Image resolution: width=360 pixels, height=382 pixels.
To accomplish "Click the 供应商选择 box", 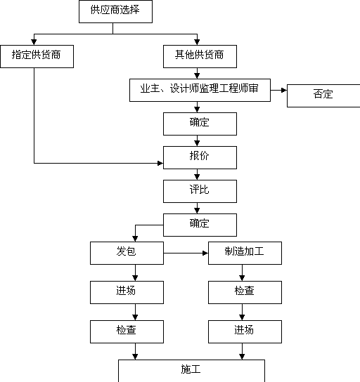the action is pos(115,11).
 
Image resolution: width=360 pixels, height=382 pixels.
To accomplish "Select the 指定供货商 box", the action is pos(37,56).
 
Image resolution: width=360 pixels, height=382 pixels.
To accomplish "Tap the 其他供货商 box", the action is pos(200,56).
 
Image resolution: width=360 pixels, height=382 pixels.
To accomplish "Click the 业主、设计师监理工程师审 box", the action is pos(200,90).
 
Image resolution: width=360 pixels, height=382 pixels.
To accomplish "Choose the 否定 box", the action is pos(323,95).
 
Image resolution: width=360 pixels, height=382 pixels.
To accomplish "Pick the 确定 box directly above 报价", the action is pos(200,124).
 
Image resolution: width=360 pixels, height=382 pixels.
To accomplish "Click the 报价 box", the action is pos(200,157).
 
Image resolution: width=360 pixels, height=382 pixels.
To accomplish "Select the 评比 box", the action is pos(200,191).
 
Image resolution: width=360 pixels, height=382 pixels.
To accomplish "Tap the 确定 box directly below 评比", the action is pos(200,225).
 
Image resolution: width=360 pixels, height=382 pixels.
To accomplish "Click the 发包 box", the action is pos(127,253).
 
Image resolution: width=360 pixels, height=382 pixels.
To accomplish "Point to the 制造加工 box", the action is pos(245,253).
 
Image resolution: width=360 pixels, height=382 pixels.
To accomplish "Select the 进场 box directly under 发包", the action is pos(127,292).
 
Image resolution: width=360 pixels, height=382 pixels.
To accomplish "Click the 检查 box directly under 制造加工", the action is pos(245,292).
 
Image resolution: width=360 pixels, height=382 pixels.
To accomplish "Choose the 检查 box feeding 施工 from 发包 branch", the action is pos(127,332).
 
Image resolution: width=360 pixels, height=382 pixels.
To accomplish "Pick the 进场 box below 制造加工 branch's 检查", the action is pos(245,332).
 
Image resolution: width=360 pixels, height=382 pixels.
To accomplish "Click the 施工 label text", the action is pos(191,369).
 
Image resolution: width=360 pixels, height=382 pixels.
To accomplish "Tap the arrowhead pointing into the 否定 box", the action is pos(284,90).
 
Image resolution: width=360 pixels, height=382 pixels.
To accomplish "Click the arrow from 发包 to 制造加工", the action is pos(186,253).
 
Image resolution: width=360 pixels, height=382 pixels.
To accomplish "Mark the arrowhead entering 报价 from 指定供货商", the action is pos(160,163).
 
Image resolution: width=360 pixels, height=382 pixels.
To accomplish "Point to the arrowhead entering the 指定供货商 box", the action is pos(34,42).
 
